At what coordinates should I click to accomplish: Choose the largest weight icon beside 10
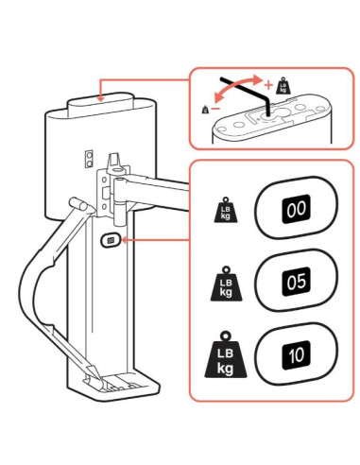pyautogui.click(x=224, y=356)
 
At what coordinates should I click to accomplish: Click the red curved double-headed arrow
pyautogui.click(x=241, y=90)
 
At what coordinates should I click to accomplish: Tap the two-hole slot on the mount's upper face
pyautogui.click(x=89, y=156)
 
